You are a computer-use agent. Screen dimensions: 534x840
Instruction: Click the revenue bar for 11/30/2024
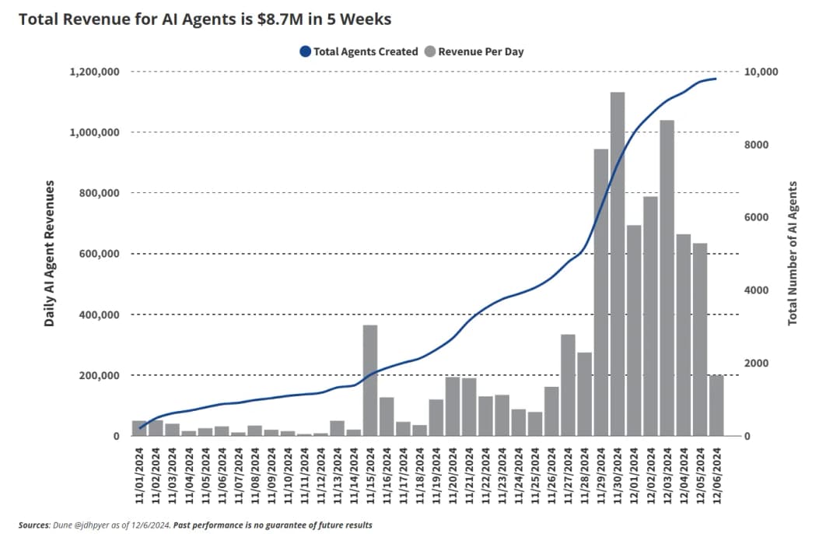[x=617, y=265]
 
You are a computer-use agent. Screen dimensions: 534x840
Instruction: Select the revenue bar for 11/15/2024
[x=370, y=381]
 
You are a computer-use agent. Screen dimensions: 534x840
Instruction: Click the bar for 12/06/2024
[x=716, y=406]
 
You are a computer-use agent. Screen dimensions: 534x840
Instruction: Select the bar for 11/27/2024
[x=568, y=385]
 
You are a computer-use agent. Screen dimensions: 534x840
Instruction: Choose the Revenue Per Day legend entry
[x=481, y=52]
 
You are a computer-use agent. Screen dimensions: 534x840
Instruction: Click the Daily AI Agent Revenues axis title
[x=50, y=253]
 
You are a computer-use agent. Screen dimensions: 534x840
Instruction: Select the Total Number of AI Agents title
[x=793, y=253]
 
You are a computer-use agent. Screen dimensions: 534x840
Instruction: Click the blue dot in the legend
[x=305, y=52]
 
